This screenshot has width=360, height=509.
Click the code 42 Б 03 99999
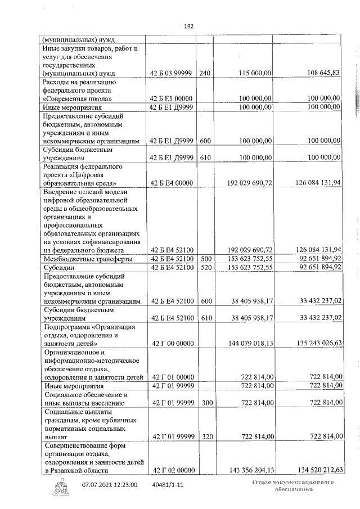(172, 73)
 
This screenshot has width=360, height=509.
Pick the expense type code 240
(205, 73)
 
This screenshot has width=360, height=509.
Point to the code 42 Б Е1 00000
(172, 98)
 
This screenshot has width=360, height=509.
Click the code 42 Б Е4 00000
(172, 183)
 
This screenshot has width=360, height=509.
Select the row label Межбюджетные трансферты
(88, 259)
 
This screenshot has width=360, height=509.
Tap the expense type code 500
(205, 259)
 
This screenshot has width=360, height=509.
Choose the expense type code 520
(205, 267)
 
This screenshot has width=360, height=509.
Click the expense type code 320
(205, 435)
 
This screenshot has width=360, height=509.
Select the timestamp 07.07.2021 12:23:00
(110, 484)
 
